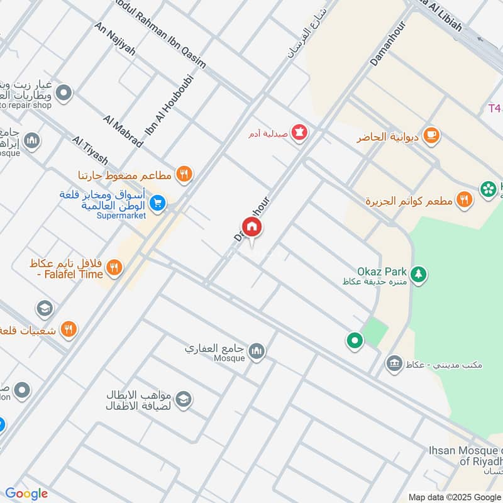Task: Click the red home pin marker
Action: (251, 228)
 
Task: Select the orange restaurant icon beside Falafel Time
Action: (114, 268)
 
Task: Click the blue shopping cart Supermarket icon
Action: (158, 202)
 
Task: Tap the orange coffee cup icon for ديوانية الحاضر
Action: (431, 135)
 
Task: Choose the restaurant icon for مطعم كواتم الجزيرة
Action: (464, 200)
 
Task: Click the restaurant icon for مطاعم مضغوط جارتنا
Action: (184, 174)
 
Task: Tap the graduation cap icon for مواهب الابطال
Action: (183, 399)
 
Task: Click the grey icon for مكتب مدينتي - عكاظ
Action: (394, 363)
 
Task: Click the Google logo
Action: (26, 494)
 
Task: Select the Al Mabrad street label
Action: (124, 131)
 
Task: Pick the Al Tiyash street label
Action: (90, 149)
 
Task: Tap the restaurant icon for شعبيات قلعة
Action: (69, 328)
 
